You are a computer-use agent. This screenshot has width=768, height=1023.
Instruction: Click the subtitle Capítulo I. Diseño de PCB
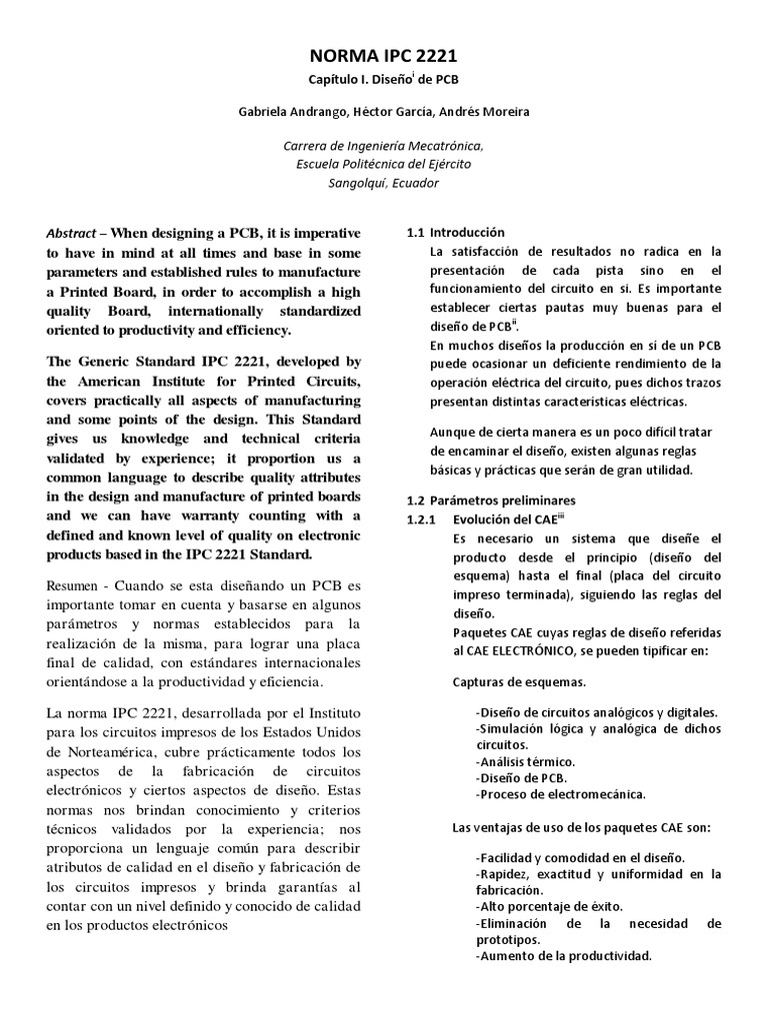point(383,79)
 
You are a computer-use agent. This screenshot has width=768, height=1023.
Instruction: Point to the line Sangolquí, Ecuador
point(383,183)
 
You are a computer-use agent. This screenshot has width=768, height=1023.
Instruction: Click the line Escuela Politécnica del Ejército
point(383,164)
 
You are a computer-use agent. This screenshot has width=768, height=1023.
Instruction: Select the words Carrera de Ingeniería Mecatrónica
point(383,145)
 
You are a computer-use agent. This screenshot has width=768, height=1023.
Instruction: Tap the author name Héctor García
point(391,112)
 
